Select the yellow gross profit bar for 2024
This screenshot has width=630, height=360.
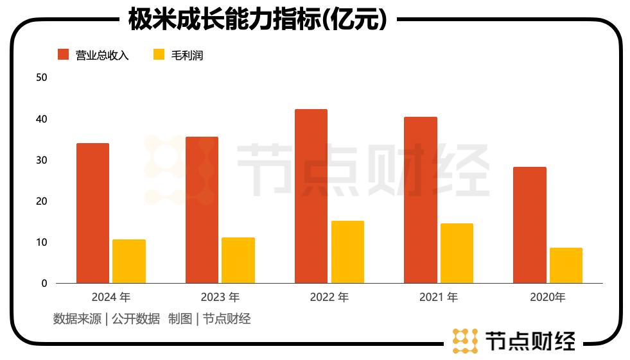[x=129, y=261]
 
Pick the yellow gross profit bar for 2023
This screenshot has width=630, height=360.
[x=238, y=260]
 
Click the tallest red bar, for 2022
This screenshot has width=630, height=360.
[x=311, y=196]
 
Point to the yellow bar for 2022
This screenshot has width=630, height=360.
[x=347, y=252]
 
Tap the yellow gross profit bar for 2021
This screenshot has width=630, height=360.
[x=457, y=253]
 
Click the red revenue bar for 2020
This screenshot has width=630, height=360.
[x=529, y=225]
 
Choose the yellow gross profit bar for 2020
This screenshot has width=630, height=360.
[x=566, y=265]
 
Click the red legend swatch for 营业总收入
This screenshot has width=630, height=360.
[x=63, y=55]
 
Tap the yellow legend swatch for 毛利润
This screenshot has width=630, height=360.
[x=159, y=55]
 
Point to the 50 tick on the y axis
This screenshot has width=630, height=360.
[x=42, y=78]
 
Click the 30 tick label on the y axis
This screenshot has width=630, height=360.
[x=42, y=160]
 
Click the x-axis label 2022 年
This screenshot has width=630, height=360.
[x=329, y=298]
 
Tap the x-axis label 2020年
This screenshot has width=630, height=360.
[x=547, y=298]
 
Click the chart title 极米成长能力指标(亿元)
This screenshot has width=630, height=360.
[x=257, y=19]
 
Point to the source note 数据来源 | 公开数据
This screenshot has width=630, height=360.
[x=107, y=318]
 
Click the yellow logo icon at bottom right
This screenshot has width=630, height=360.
[x=465, y=341]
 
